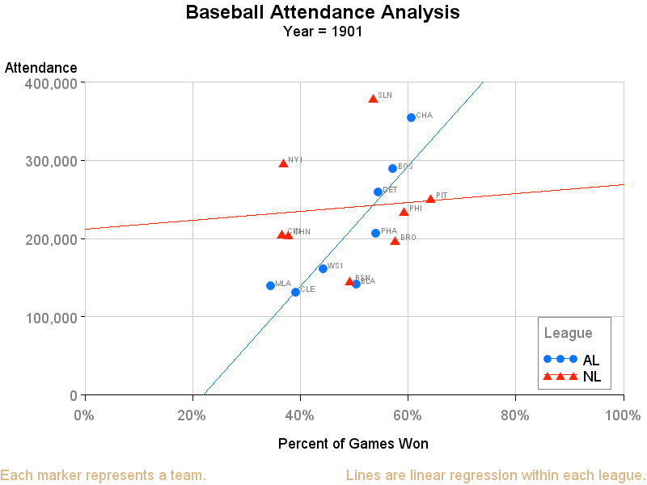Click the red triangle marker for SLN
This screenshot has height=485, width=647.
point(373,99)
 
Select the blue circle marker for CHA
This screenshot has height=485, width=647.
point(411,117)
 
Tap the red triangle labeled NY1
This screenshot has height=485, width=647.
point(283,163)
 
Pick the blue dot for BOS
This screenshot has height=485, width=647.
point(392,168)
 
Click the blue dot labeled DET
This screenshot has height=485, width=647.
point(378,192)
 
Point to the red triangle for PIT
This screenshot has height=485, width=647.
point(430,199)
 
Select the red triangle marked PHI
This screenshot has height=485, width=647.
point(404,212)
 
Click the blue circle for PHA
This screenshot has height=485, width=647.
point(375,233)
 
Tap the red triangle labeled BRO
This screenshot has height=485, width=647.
point(395,241)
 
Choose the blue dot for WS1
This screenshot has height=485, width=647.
point(323,268)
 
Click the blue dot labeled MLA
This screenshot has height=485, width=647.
point(270,285)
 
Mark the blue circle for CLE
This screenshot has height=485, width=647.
point(295,292)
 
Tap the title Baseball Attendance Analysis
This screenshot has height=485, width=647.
point(323,13)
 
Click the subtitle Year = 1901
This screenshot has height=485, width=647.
point(323,32)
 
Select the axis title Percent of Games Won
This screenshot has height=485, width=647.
point(353,444)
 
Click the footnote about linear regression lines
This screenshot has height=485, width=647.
point(495,475)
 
